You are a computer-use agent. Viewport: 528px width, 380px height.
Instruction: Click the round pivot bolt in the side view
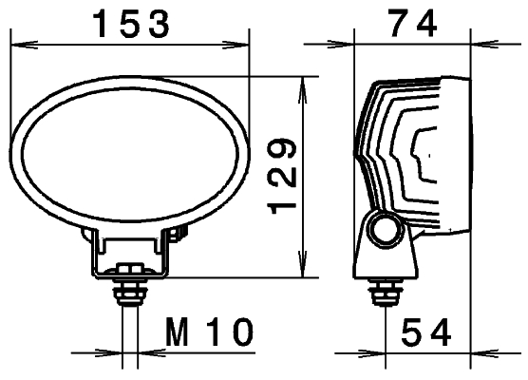(x=386, y=229)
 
